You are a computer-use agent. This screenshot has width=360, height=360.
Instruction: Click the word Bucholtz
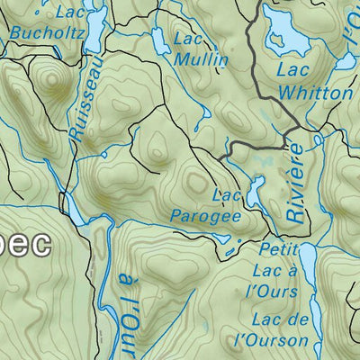point(48,34)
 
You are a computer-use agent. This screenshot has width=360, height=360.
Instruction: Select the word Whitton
point(315,93)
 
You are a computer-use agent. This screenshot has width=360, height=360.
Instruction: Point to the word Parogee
point(206,216)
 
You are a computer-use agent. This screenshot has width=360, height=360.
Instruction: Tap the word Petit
point(276,248)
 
